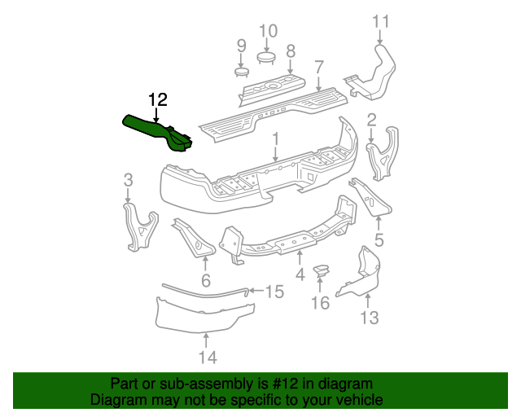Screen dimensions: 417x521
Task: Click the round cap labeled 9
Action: (241, 72)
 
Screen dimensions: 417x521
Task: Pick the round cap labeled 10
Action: (268, 56)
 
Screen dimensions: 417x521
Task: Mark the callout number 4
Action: (300, 275)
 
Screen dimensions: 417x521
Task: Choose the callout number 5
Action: (378, 240)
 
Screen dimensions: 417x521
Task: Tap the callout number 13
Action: (370, 318)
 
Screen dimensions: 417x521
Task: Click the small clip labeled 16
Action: (322, 271)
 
